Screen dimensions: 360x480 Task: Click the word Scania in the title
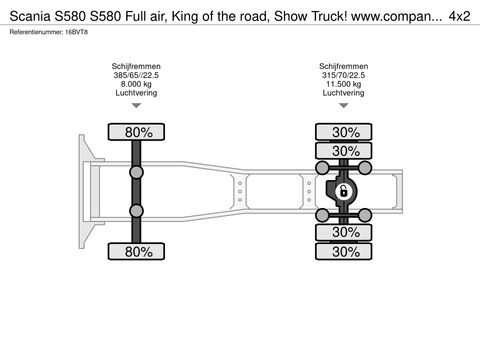click(29, 16)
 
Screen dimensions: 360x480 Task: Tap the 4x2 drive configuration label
click(459, 16)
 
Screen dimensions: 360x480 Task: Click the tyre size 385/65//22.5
click(138, 75)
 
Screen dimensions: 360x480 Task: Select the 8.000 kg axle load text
click(138, 84)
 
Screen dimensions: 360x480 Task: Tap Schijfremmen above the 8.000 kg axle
click(138, 66)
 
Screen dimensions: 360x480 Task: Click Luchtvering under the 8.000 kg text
click(138, 93)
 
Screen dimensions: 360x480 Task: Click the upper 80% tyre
click(138, 132)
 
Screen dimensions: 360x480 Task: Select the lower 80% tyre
click(138, 252)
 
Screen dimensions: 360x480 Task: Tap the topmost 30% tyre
click(345, 132)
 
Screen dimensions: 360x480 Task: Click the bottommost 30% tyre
click(345, 252)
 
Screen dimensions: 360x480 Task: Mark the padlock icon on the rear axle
click(342, 191)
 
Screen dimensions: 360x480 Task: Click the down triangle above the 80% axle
click(138, 109)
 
